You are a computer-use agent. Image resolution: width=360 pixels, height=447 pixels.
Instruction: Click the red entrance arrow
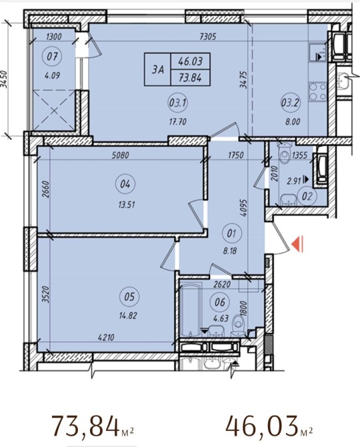(298, 245)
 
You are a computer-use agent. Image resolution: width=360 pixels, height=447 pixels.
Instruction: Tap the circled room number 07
(53, 56)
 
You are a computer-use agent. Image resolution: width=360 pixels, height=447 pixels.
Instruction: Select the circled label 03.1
(177, 103)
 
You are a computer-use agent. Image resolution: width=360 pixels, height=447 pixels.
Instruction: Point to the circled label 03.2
(291, 103)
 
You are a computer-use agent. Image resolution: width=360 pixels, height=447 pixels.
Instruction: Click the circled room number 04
(125, 184)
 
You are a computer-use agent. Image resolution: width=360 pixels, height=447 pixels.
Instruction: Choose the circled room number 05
(129, 297)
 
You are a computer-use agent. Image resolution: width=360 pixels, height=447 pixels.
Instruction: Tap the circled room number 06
(220, 302)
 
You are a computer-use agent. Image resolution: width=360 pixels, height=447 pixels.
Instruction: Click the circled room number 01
(231, 234)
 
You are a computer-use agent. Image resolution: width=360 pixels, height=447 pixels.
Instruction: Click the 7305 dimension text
(209, 37)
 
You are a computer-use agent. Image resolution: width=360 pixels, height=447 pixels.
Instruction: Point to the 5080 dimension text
(121, 155)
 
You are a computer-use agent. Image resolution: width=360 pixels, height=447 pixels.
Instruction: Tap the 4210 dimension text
(106, 338)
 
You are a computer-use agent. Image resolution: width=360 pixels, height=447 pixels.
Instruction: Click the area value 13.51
(126, 204)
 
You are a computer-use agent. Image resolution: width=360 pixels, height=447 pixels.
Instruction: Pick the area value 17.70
(177, 122)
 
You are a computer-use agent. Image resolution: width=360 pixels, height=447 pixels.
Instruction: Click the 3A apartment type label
(157, 69)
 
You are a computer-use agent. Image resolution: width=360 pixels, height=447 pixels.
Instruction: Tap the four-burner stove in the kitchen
(318, 92)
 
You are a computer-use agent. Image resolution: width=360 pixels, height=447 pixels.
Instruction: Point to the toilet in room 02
(285, 153)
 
